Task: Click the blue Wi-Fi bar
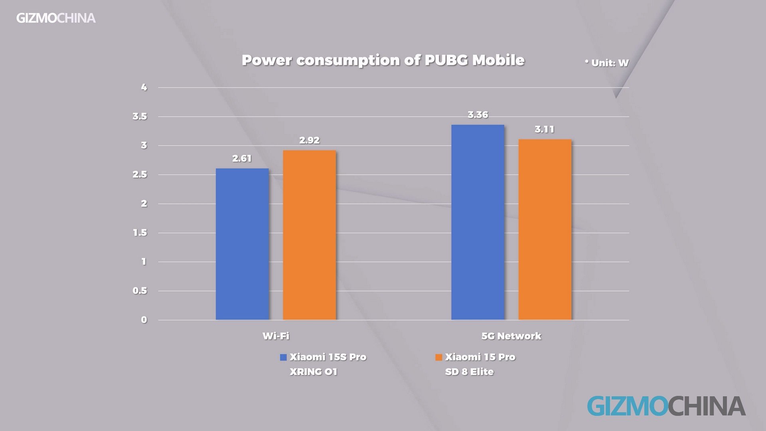pos(242,244)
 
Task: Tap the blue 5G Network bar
pos(478,222)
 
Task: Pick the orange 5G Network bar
pos(545,229)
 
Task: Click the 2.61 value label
pos(242,158)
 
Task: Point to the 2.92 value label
pos(309,140)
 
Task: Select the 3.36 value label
pos(478,115)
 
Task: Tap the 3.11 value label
pos(545,129)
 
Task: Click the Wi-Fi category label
pos(276,336)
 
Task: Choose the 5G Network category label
pos(511,336)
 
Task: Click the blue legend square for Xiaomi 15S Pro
pos(283,357)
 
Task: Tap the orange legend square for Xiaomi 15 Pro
pos(438,357)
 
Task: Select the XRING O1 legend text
pos(314,372)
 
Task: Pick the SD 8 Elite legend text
pos(469,372)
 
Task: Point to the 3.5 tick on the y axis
pos(140,117)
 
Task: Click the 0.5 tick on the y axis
pos(140,291)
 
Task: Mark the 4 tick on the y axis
pos(144,87)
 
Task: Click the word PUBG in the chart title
pos(446,60)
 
